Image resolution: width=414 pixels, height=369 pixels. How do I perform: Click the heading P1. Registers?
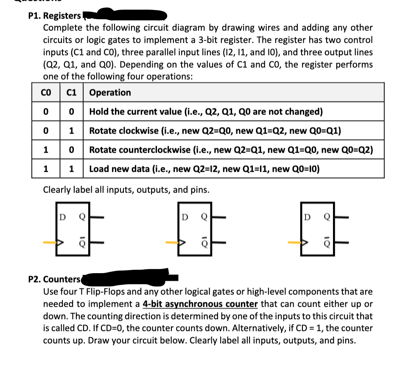54,16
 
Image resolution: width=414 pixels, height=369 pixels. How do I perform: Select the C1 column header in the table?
71,92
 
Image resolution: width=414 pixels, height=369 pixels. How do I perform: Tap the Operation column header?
110,92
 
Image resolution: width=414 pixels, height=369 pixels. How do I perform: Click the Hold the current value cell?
206,112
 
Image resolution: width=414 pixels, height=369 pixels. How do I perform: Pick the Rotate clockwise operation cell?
215,131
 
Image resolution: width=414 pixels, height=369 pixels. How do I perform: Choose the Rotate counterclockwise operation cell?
231,150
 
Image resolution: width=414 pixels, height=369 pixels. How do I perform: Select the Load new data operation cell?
204,169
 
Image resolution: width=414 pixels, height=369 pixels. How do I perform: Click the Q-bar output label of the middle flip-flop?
204,243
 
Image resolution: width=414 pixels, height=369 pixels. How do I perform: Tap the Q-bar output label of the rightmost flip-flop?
327,243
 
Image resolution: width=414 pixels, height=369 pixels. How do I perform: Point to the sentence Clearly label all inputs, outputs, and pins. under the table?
126,190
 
